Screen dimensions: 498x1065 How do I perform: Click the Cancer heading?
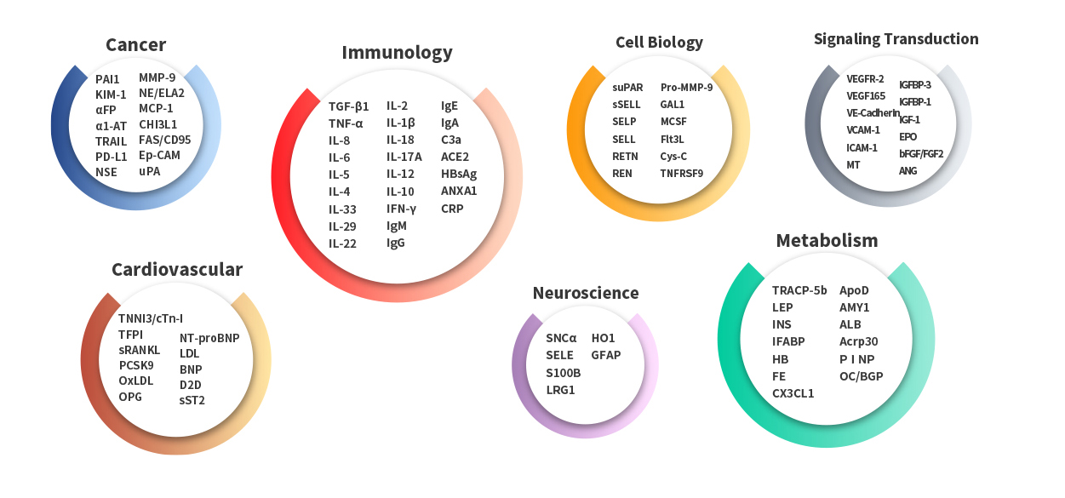pyautogui.click(x=135, y=45)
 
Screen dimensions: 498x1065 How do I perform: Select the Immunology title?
pyautogui.click(x=397, y=53)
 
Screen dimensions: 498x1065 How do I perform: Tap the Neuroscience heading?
pyautogui.click(x=586, y=294)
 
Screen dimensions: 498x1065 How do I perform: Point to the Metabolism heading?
pyautogui.click(x=827, y=241)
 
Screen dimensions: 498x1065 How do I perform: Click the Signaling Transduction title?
pyautogui.click(x=896, y=39)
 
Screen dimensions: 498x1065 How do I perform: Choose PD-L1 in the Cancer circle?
pyautogui.click(x=112, y=156)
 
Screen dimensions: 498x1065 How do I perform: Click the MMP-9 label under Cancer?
pyautogui.click(x=157, y=77)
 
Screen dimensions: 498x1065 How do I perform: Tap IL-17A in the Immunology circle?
pyautogui.click(x=404, y=157)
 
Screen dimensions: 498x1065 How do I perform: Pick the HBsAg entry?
pyautogui.click(x=459, y=174)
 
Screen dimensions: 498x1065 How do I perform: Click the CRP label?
pyautogui.click(x=452, y=209)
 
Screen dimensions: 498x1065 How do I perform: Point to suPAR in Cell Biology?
pyautogui.click(x=628, y=87)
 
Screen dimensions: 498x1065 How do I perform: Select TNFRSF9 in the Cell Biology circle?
pyautogui.click(x=682, y=174)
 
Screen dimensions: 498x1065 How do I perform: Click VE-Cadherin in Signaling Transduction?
pyautogui.click(x=873, y=113)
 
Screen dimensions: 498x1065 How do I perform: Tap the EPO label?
pyautogui.click(x=908, y=136)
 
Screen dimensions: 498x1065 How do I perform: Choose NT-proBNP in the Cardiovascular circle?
pyautogui.click(x=209, y=338)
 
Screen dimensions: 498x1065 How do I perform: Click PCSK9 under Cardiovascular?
pyautogui.click(x=136, y=366)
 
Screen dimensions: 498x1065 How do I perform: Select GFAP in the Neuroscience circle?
pyautogui.click(x=606, y=355)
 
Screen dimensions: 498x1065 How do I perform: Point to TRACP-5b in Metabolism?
pyautogui.click(x=799, y=290)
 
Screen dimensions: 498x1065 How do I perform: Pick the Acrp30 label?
pyautogui.click(x=859, y=341)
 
